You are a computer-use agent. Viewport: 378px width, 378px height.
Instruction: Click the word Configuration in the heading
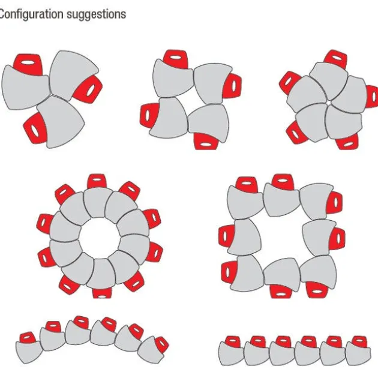tap(31, 14)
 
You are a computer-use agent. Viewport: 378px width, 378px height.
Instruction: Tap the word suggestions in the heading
tap(96, 14)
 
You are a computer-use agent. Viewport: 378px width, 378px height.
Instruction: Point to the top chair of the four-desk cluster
tap(176, 59)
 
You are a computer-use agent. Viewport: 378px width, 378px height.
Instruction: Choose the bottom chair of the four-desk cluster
tap(206, 142)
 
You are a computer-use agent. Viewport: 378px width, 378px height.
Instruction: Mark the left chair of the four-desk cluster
tap(149, 115)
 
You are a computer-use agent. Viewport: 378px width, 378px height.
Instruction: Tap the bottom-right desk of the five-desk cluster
tap(343, 122)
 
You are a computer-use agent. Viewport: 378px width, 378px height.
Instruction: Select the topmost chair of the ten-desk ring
tap(97, 181)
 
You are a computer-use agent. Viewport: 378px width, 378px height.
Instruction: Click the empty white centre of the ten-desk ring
tap(100, 238)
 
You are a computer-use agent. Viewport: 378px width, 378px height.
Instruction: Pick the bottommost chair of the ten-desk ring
tap(102, 293)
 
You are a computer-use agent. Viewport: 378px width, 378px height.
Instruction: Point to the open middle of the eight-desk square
tap(281, 237)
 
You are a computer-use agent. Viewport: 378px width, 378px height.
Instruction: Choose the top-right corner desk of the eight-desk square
tap(316, 200)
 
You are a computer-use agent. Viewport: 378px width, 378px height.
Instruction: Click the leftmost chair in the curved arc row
tap(28, 337)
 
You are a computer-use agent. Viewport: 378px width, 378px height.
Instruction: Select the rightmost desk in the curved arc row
tap(149, 350)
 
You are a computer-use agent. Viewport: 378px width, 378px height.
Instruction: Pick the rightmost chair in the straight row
tap(359, 342)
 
